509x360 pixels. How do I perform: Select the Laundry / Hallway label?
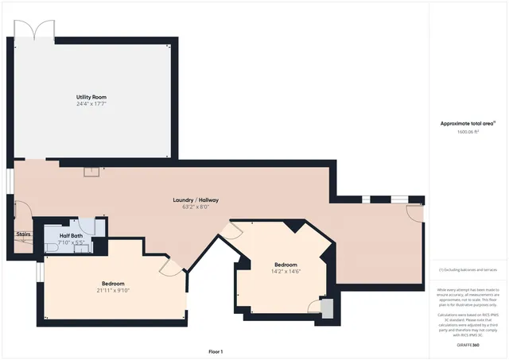point(196,199)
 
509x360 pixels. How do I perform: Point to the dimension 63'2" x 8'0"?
point(196,207)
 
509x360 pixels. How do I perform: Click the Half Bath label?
point(71,236)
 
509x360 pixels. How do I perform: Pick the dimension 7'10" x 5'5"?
point(71,242)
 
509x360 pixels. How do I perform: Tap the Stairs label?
point(23,234)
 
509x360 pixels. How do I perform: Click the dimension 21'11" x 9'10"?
point(112,290)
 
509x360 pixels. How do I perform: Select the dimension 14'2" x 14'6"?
point(286,271)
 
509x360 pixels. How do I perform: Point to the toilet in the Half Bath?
point(52,247)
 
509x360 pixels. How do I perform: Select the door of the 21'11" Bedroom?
point(169,266)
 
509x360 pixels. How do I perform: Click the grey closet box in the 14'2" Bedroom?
point(326,308)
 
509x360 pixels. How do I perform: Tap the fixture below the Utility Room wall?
point(92,169)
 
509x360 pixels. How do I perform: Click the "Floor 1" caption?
point(216,351)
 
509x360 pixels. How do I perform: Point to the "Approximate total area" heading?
point(468,123)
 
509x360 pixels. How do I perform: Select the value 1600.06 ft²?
point(467,133)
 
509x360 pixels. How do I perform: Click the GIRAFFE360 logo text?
point(468,345)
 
